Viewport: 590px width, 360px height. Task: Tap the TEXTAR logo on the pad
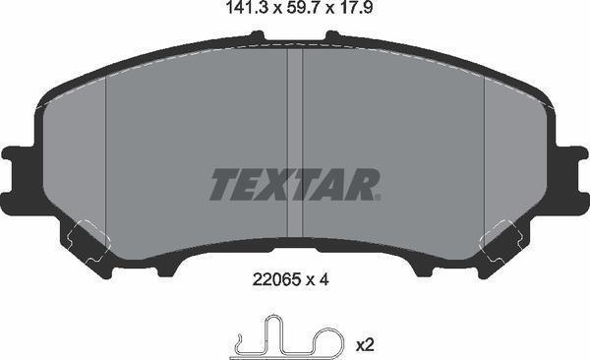click(x=294, y=184)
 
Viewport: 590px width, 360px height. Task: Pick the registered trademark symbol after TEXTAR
click(x=377, y=196)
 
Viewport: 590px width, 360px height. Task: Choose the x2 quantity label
click(x=364, y=344)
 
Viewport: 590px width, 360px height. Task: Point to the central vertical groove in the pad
click(x=294, y=148)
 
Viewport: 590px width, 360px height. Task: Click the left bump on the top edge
click(x=258, y=37)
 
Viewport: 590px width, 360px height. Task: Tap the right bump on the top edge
click(x=332, y=37)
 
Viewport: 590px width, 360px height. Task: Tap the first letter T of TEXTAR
click(x=222, y=184)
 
